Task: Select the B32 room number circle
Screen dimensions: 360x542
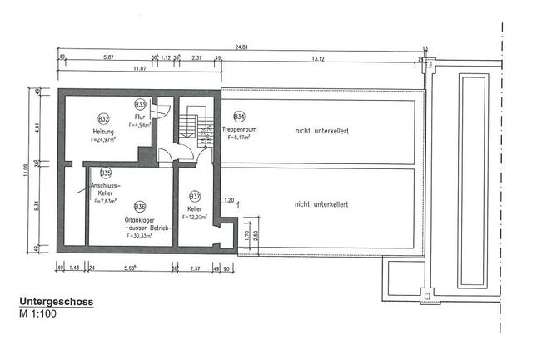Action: pos(103,119)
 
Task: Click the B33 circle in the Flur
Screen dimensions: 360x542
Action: pos(140,104)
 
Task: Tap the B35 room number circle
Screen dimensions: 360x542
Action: pos(105,173)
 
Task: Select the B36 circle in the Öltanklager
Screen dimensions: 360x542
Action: pos(139,206)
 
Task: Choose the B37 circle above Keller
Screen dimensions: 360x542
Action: pos(196,196)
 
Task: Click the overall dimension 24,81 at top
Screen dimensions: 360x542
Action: pos(241,47)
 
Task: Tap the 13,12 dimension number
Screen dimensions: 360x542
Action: pos(317,58)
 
